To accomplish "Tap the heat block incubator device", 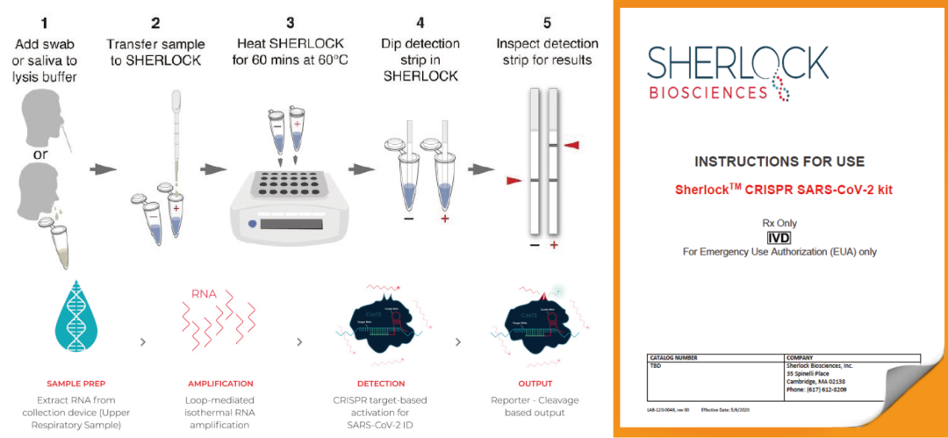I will [x=284, y=206].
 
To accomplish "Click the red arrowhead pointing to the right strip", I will [x=572, y=144].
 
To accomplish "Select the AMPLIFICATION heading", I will [x=220, y=384].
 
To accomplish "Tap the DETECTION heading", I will [x=382, y=384].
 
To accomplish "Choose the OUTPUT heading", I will [x=535, y=384].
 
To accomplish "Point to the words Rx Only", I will [x=779, y=224].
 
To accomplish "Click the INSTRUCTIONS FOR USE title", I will [x=779, y=162].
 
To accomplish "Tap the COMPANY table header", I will [x=803, y=358].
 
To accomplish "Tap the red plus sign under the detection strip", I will [x=554, y=245].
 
